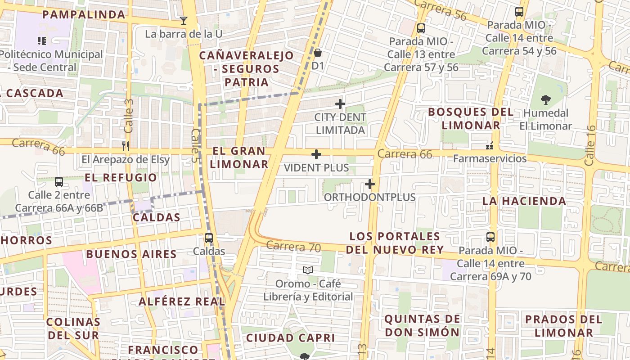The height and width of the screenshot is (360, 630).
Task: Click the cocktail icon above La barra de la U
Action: click(183, 20)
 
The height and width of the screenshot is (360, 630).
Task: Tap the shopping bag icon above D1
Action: click(318, 53)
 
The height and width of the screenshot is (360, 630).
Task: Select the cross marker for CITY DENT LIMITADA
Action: click(340, 104)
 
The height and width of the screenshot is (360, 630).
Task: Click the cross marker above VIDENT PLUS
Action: click(316, 155)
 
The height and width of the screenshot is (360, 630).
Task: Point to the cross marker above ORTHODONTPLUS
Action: click(370, 184)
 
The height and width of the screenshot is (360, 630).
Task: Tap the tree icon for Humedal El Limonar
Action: click(546, 99)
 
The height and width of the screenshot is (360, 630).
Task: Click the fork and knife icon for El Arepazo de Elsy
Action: click(126, 146)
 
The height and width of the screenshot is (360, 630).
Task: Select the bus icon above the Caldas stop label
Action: click(209, 238)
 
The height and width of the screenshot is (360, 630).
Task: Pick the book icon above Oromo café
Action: click(308, 270)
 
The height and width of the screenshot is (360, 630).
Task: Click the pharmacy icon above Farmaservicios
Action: click(490, 146)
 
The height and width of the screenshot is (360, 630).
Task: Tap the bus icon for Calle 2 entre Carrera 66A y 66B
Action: click(59, 182)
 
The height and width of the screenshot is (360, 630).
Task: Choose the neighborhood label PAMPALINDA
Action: click(84, 14)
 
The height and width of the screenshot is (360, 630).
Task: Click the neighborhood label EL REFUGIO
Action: click(121, 177)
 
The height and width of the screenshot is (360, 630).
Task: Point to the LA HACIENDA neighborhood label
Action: click(524, 201)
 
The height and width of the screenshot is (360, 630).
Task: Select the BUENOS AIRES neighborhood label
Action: click(131, 254)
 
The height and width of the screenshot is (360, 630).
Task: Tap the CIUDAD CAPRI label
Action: click(290, 337)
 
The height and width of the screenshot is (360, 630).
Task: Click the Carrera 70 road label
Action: click(293, 247)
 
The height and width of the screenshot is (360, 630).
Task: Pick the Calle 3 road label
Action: click(129, 116)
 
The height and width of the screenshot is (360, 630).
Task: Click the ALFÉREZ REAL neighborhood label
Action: click(182, 301)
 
